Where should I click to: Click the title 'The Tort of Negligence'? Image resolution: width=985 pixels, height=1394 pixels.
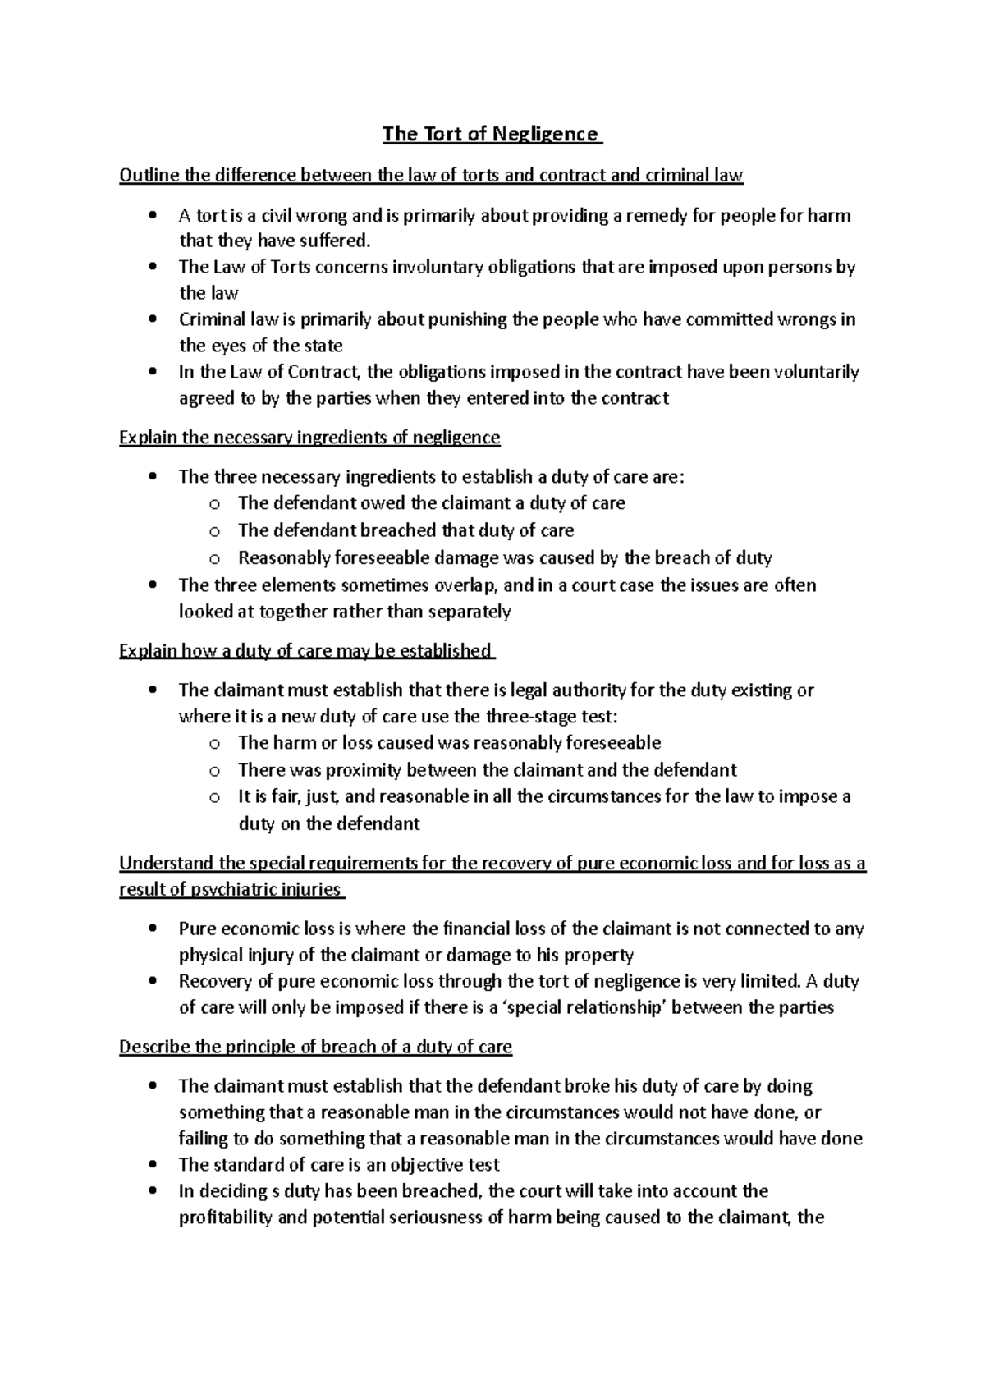(492, 134)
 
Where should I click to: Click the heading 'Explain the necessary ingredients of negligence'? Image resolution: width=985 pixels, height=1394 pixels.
(309, 438)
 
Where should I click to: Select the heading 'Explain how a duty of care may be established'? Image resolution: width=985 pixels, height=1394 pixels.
(305, 651)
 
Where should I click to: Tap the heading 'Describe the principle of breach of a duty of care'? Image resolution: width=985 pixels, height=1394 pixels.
(315, 1047)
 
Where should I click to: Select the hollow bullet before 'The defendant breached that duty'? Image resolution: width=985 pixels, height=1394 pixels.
(213, 531)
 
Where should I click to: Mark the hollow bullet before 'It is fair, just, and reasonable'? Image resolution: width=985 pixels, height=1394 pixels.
(213, 797)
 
